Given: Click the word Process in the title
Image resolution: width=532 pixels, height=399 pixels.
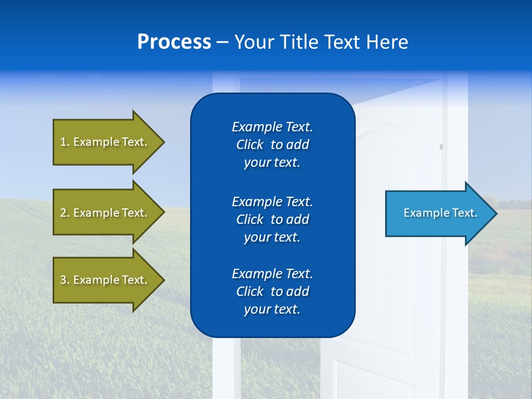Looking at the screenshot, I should tap(174, 42).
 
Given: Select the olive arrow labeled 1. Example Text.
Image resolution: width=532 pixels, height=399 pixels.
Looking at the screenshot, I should tap(105, 142).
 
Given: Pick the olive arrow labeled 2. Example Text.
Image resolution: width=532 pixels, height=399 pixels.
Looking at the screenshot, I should tap(105, 213).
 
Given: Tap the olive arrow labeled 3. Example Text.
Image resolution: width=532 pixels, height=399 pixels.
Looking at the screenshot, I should tap(105, 280).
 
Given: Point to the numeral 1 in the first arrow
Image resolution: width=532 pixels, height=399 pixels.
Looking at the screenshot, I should tap(63, 142).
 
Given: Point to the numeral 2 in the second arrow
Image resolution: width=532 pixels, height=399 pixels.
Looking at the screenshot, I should tap(63, 213).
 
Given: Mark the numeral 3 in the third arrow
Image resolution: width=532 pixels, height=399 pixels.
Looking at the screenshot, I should tap(63, 280).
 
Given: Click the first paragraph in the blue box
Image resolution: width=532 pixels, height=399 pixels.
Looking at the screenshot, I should tap(272, 145).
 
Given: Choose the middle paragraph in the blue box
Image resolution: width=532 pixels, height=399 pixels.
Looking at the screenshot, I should tap(272, 219).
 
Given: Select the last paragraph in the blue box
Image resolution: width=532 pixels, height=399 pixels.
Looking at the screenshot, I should tap(272, 291).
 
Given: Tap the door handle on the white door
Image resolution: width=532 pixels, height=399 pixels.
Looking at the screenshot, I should tap(441, 147).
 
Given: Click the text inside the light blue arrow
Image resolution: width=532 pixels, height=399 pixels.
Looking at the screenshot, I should tap(440, 213).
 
